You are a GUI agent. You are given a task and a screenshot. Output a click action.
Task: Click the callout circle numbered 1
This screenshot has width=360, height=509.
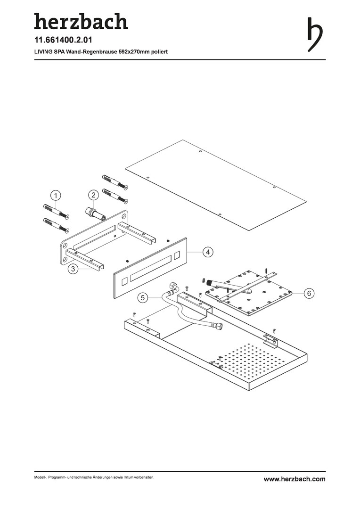tap(56, 196)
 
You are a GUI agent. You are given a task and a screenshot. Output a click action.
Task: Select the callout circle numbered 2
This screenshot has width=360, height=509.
tap(93, 195)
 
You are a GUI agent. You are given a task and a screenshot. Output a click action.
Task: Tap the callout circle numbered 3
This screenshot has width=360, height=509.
tap(74, 269)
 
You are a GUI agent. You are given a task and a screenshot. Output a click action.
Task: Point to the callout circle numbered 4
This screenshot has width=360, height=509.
tap(208, 252)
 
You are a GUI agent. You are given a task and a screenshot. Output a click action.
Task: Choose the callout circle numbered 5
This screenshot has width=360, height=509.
tap(142, 297)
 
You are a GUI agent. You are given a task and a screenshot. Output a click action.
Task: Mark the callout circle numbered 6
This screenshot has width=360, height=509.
tap(309, 294)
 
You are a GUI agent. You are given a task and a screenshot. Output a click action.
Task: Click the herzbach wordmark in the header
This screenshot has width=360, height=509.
tap(81, 21)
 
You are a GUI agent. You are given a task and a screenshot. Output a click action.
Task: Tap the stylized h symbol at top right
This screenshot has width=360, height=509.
tap(315, 34)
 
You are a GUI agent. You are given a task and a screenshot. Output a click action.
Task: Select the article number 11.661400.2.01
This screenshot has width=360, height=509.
tap(63, 40)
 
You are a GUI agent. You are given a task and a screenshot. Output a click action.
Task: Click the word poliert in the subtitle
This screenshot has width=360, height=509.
tap(159, 52)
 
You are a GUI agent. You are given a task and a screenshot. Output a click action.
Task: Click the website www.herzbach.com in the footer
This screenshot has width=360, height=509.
tap(295, 479)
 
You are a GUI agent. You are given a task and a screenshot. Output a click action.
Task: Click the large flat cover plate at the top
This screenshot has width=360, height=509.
tap(215, 185)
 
